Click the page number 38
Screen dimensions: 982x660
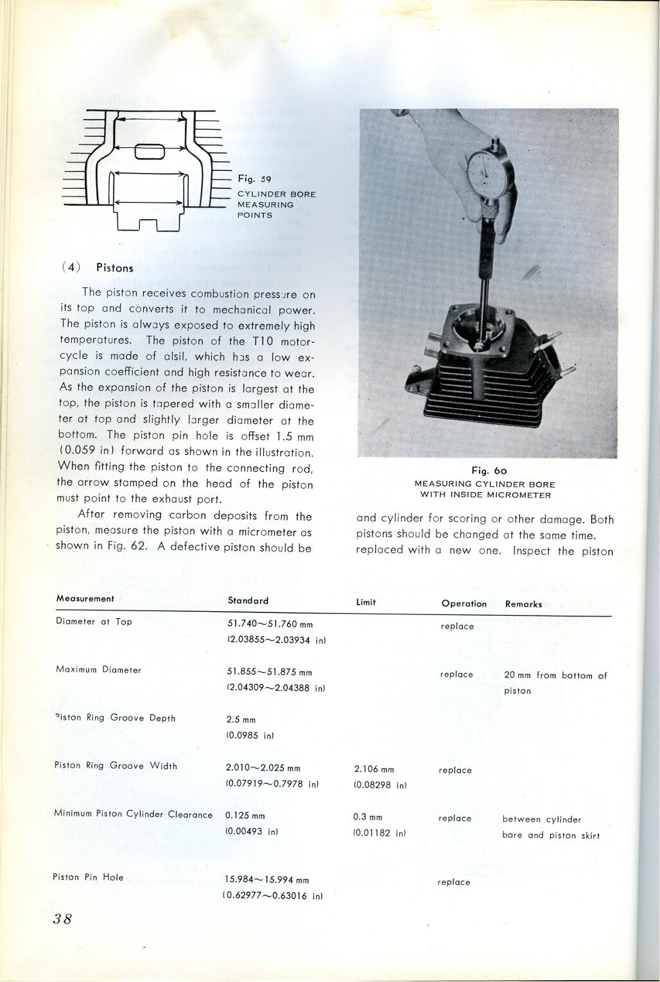tap(62, 918)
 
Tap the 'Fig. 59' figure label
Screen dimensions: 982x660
tap(254, 179)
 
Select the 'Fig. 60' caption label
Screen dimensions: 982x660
tap(489, 471)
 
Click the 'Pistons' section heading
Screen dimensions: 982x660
tap(114, 268)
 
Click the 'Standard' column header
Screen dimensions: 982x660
tap(248, 601)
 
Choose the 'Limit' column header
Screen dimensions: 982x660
tap(366, 602)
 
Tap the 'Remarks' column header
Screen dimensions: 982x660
tap(523, 604)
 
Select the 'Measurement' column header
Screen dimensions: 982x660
tap(85, 599)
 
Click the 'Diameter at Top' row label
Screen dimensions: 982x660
tap(94, 621)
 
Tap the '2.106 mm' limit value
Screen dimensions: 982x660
tap(374, 769)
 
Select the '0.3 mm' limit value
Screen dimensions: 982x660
tap(367, 817)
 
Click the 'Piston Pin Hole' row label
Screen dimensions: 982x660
tap(88, 877)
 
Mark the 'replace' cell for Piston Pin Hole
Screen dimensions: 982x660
tap(454, 882)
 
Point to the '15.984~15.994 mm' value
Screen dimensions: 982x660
tap(267, 880)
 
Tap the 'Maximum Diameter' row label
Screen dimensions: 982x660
tap(98, 670)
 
